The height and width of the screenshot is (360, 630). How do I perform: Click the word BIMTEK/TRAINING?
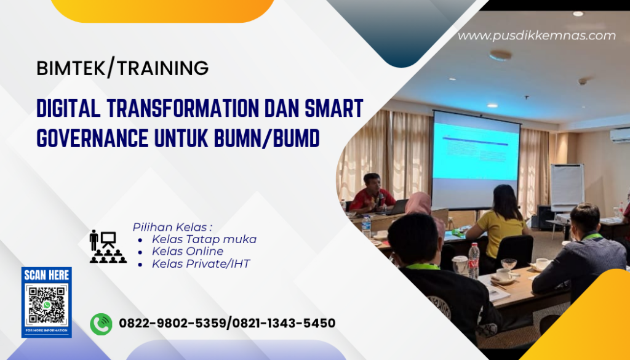pyautogui.click(x=122, y=68)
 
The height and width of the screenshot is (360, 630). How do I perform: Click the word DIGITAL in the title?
pyautogui.click(x=68, y=109)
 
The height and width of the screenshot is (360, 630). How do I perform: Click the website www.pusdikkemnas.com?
pyautogui.click(x=536, y=36)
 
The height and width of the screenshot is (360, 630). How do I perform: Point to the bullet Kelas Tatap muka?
pyautogui.click(x=204, y=239)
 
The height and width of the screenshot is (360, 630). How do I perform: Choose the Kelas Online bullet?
pyautogui.click(x=188, y=252)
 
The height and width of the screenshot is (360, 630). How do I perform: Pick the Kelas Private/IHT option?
pyautogui.click(x=201, y=264)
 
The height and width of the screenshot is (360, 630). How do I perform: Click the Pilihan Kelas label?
pyautogui.click(x=172, y=226)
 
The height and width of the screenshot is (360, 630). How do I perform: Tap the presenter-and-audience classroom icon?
pyautogui.click(x=108, y=246)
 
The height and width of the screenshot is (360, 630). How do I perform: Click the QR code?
pyautogui.click(x=47, y=305)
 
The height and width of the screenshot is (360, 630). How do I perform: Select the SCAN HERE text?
pyautogui.click(x=47, y=276)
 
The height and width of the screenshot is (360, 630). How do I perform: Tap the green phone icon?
pyautogui.click(x=101, y=324)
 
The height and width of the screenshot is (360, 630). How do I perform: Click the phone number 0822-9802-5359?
pyautogui.click(x=173, y=324)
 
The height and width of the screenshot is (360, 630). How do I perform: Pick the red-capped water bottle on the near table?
pyautogui.click(x=474, y=260)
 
